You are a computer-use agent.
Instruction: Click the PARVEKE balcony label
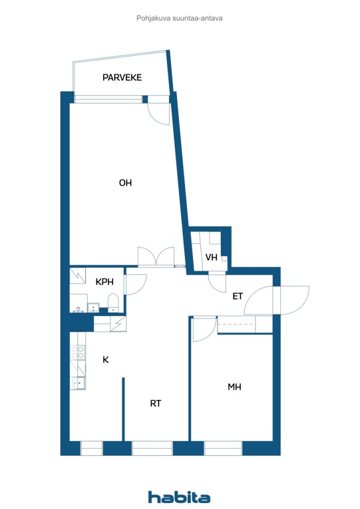point(122,78)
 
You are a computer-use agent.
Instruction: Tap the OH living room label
point(125,183)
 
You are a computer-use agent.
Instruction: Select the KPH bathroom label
point(104,282)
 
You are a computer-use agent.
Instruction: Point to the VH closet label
point(211,257)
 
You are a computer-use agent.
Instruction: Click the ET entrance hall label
point(238,296)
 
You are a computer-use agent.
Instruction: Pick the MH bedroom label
point(234,387)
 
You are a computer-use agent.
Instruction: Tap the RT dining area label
point(156,404)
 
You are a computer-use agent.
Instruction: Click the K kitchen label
point(105,360)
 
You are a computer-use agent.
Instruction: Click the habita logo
point(179,497)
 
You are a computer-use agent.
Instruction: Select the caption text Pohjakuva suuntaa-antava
point(180,18)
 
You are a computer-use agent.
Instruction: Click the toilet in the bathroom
point(113,303)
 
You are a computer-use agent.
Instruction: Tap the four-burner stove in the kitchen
point(78,352)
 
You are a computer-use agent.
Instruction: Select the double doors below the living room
point(156,256)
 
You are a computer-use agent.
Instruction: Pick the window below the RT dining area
point(152,448)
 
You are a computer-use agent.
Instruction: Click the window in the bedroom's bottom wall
point(223,448)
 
